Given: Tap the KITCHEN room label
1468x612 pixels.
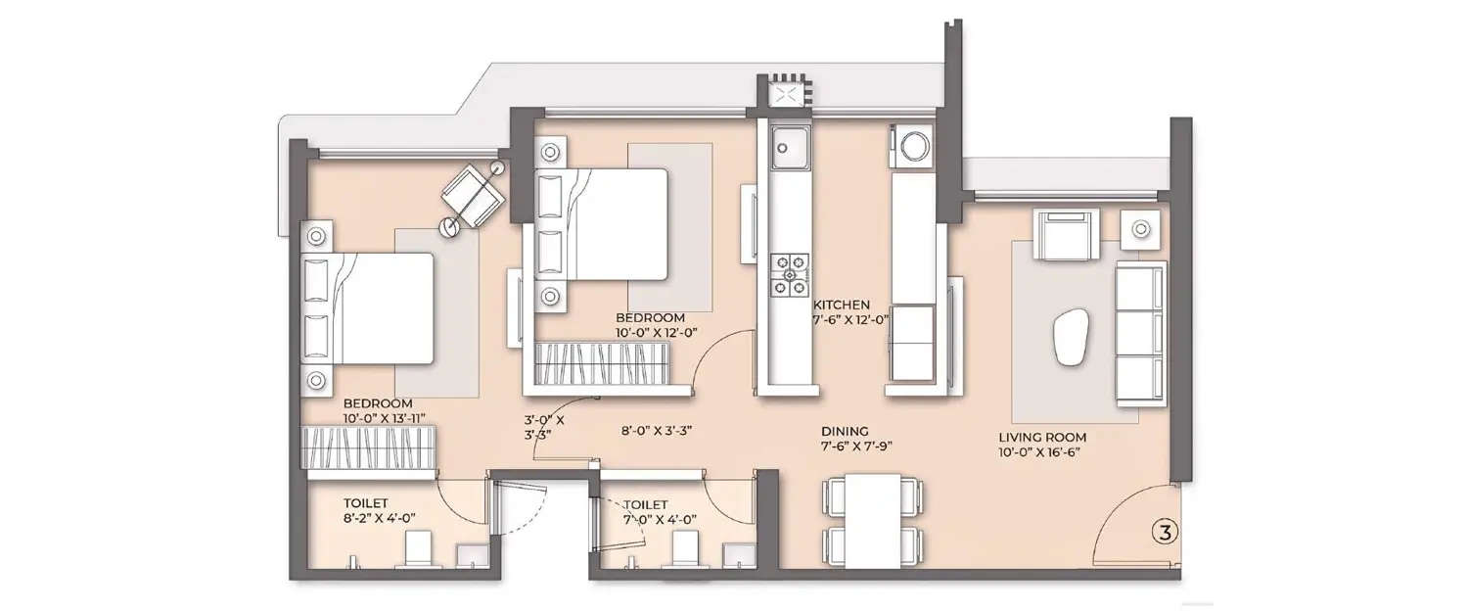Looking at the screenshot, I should (841, 305).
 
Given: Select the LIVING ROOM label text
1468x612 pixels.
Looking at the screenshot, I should (1042, 438).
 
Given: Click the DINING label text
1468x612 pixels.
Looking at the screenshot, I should (845, 430).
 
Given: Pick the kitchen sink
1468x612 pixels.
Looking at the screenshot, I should (788, 147).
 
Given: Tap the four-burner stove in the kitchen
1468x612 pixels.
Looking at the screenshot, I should (790, 275).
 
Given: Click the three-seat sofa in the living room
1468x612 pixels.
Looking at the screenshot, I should (1140, 335).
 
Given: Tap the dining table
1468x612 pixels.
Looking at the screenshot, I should (873, 521).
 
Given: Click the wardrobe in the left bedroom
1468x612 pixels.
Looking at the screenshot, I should (369, 448).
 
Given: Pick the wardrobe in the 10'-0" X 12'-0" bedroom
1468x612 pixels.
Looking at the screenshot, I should (603, 365).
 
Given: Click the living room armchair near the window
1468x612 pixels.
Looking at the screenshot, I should (1066, 235).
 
